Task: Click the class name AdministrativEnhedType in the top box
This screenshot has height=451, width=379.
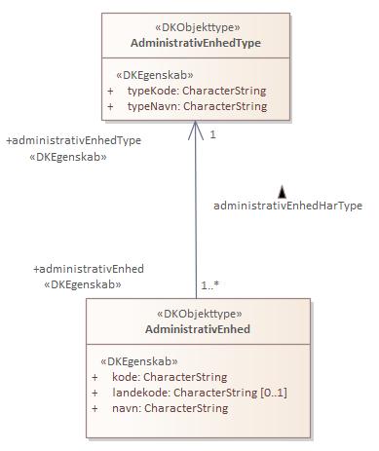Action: tap(195, 43)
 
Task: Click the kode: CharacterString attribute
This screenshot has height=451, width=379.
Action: tap(170, 376)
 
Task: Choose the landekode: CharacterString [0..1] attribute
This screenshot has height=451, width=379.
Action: tap(200, 392)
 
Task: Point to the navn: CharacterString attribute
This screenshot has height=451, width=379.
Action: tap(171, 408)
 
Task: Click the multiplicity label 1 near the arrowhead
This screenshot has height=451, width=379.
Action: tap(212, 134)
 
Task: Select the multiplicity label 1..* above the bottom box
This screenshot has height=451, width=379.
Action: tap(210, 285)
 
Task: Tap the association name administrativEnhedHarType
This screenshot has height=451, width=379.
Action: tap(287, 206)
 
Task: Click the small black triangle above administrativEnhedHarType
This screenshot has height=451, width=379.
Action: tap(282, 192)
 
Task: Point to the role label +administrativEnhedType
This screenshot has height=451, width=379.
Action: tap(73, 140)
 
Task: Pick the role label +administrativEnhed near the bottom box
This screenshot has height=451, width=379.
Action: tap(89, 269)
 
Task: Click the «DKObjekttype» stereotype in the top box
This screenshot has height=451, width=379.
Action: tap(196, 28)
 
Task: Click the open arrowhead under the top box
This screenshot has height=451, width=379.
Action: tap(196, 129)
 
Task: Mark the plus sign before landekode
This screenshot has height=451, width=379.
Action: tap(95, 393)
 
